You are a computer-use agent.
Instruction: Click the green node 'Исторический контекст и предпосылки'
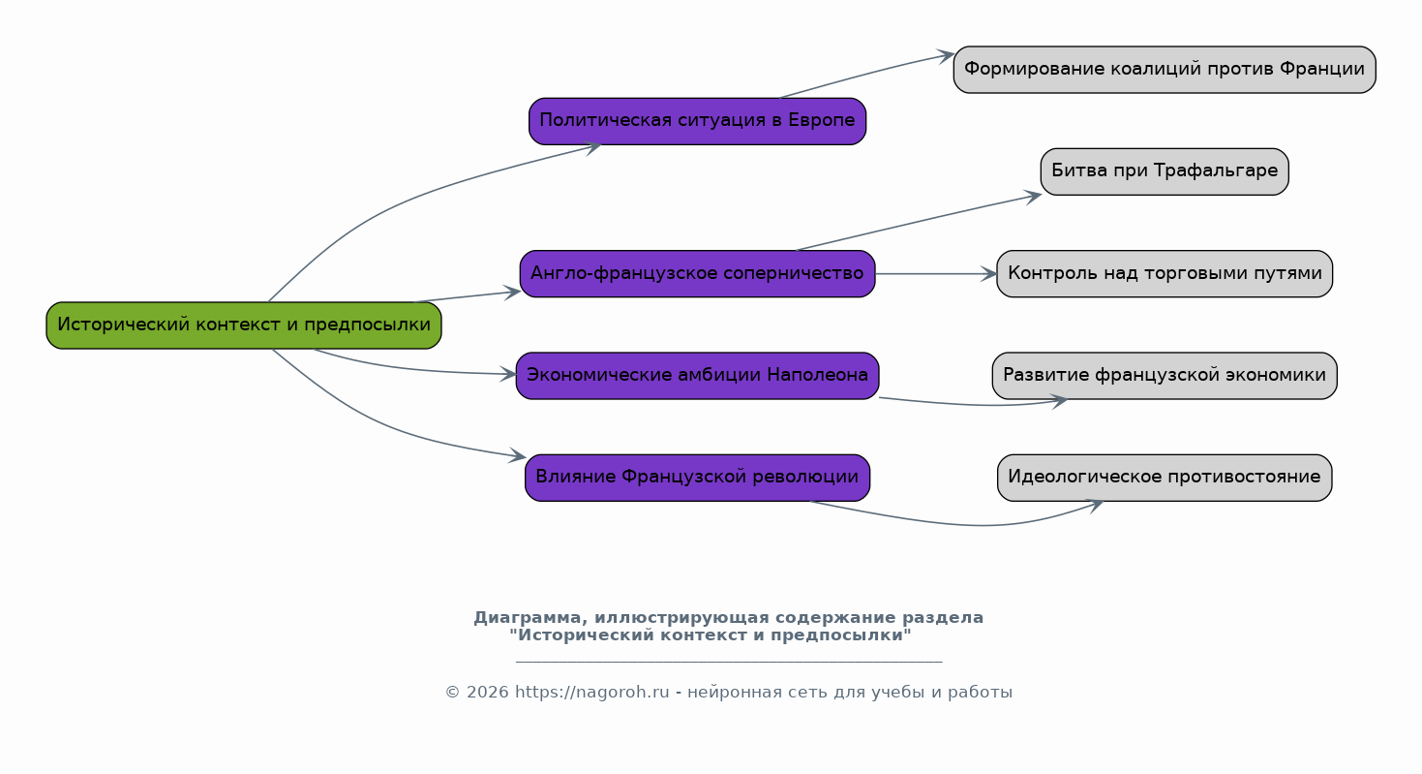[244, 325]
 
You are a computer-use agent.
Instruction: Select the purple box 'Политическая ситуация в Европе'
[697, 121]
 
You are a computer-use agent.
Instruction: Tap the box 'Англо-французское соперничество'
[697, 274]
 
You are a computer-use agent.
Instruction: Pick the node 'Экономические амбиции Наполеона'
[697, 376]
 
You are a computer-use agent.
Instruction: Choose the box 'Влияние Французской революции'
[697, 478]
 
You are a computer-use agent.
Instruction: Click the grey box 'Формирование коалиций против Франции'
[1165, 70]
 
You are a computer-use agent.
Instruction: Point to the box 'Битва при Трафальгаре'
[1165, 171]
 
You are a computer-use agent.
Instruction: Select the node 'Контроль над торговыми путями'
[1165, 274]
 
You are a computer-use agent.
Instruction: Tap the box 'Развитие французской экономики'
[1165, 376]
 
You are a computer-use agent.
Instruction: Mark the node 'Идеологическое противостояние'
[1165, 478]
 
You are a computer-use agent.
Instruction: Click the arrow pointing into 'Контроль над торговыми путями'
[936, 274]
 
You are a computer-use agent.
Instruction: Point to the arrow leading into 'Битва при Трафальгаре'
[920, 222]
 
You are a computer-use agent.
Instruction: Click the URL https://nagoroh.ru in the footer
[591, 692]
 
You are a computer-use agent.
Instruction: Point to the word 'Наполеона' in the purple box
[818, 375]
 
